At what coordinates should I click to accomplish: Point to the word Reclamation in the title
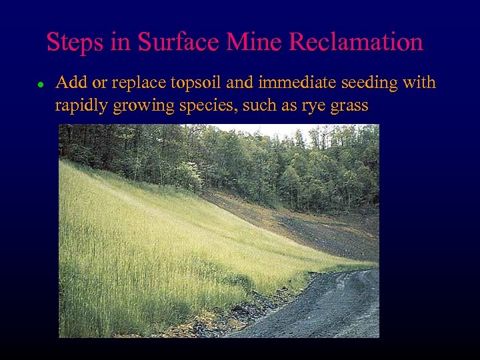pos(356,43)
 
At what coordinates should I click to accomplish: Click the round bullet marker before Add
pos(41,85)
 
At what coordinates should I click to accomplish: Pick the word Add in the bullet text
pos(69,83)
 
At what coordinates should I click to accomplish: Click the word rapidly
pos(81,106)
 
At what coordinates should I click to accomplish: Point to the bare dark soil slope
pos(320,230)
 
